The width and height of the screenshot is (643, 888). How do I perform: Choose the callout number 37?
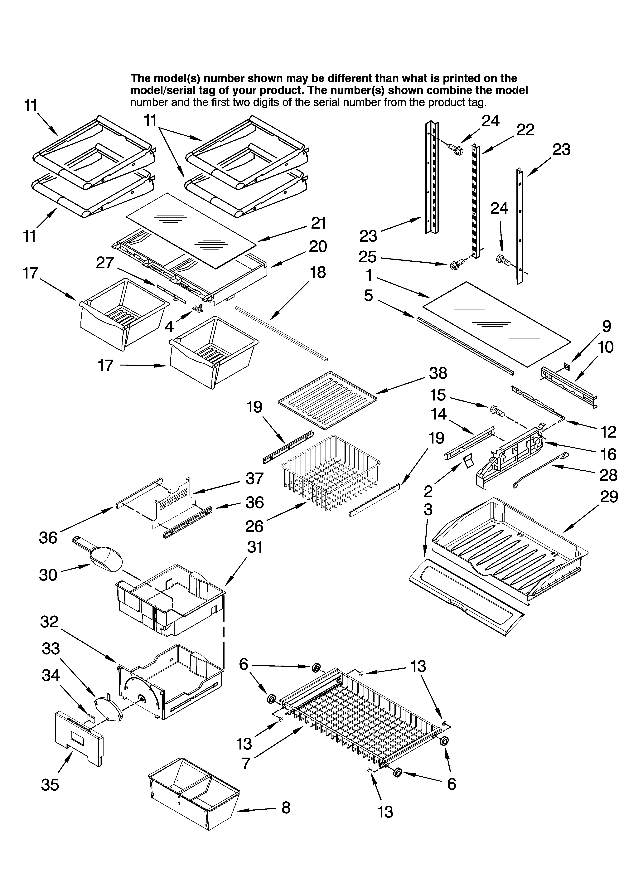tap(254, 478)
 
